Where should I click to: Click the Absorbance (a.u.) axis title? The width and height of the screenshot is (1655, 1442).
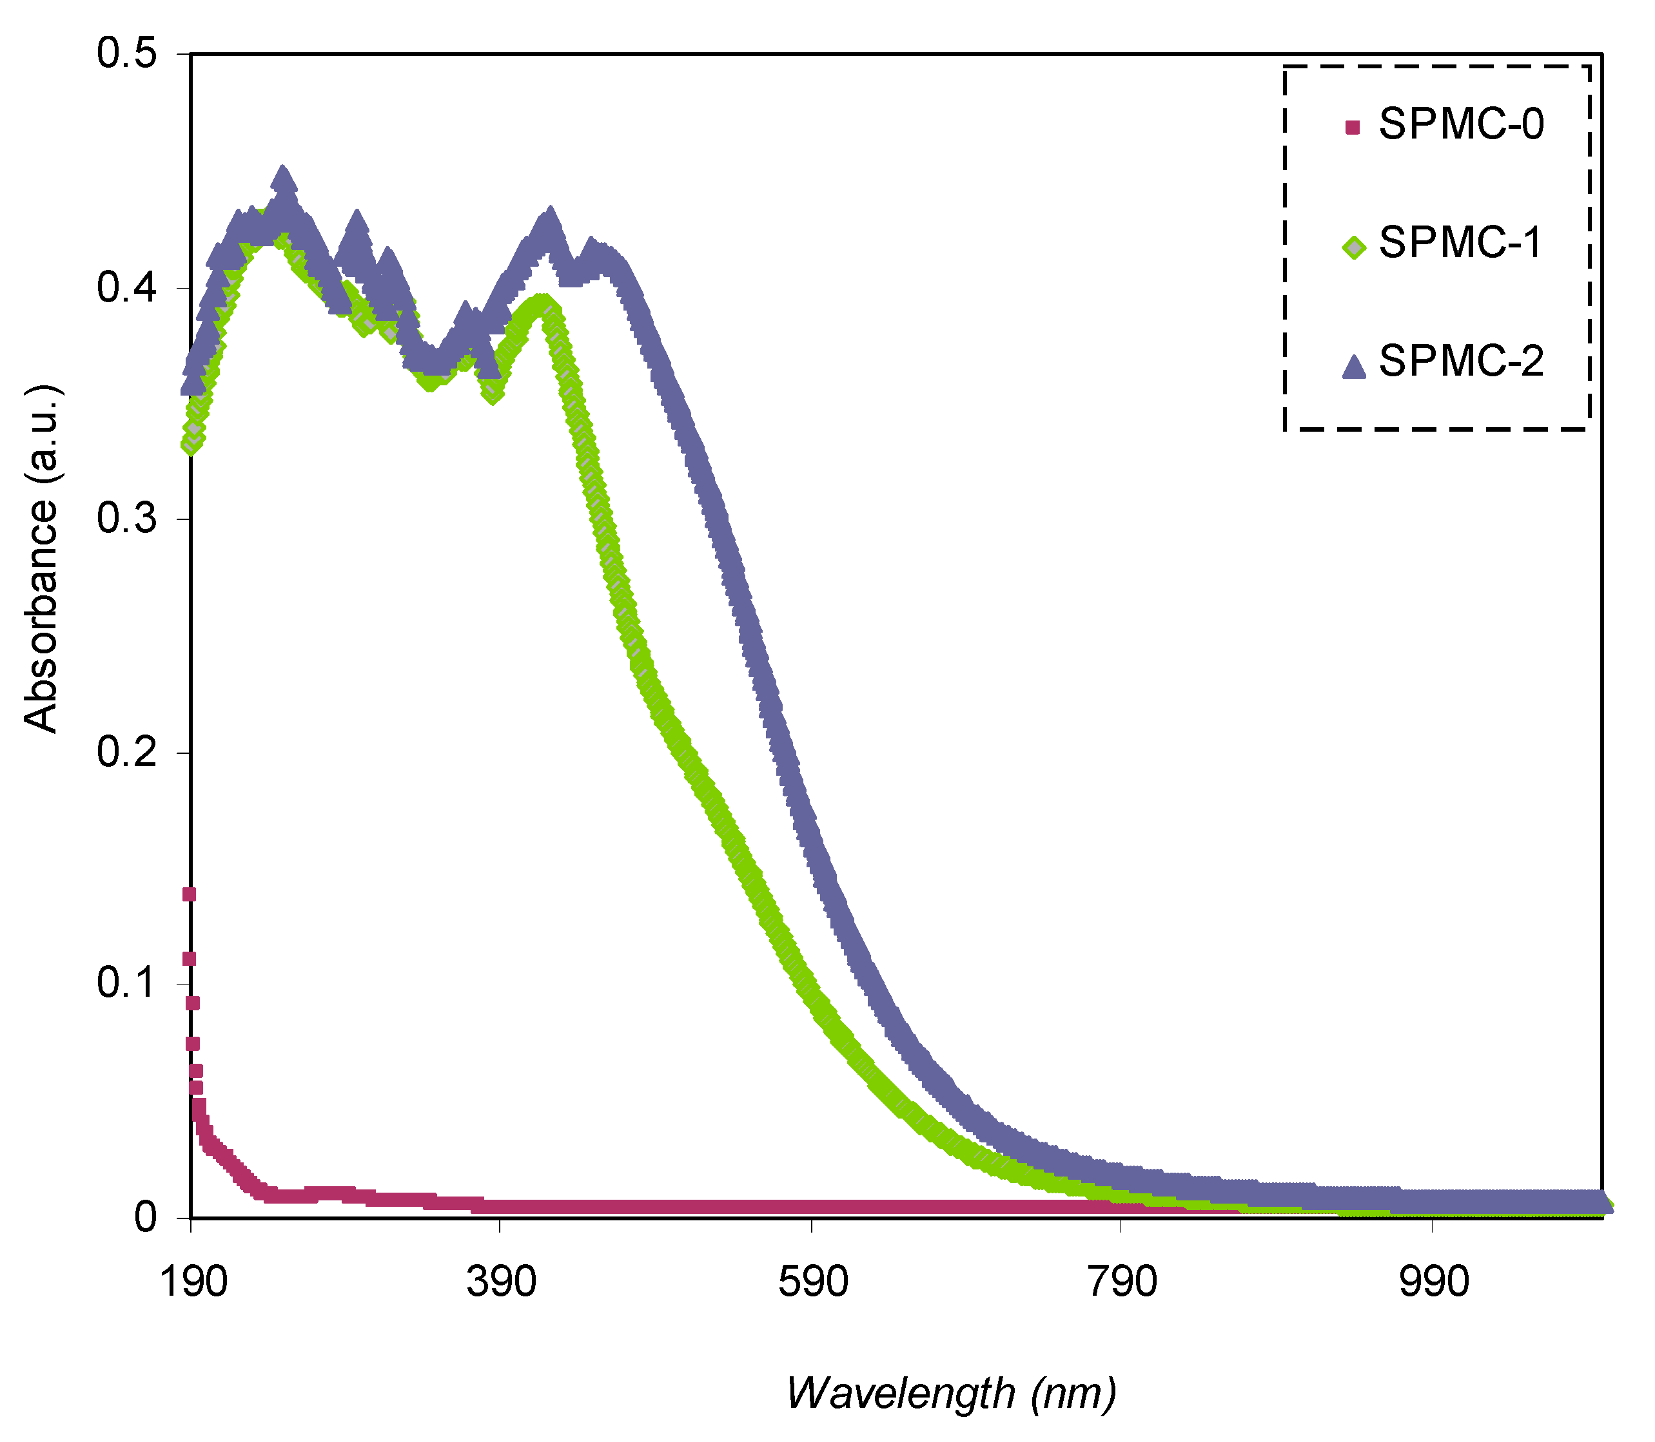coord(42,557)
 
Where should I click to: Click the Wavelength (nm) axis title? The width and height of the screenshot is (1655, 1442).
coord(952,1393)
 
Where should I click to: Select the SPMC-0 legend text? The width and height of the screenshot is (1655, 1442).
coord(1461,125)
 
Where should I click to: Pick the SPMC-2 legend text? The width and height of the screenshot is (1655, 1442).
coord(1461,361)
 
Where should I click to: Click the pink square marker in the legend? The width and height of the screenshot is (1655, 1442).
coord(1353,127)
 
